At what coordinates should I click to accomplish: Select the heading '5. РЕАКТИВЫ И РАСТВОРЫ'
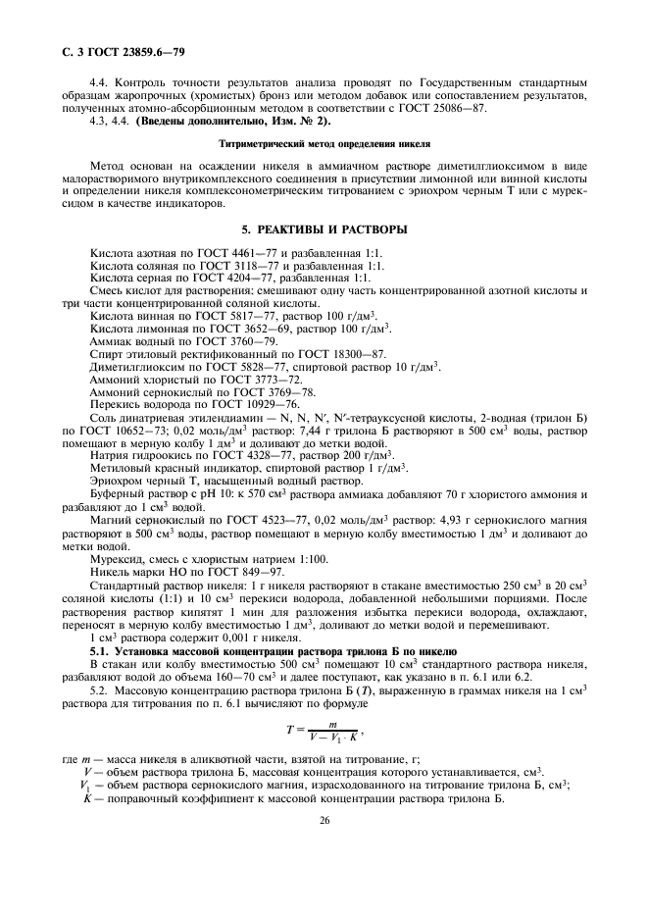324,229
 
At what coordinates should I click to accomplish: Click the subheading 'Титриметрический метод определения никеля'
323,143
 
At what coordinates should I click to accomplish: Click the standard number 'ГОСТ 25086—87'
450,109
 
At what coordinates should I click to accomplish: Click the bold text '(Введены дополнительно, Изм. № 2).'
222,122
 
